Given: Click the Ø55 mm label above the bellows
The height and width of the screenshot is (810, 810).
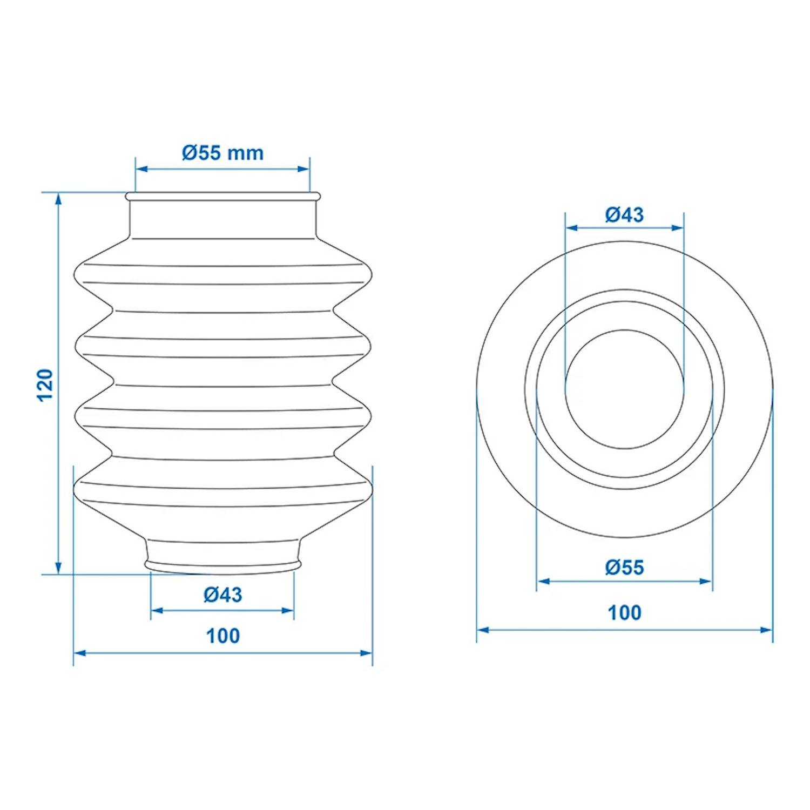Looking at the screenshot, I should click(x=222, y=153).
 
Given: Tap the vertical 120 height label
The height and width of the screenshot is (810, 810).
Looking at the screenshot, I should click(x=46, y=384).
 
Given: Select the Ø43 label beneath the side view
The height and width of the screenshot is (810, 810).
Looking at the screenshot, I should click(x=222, y=595).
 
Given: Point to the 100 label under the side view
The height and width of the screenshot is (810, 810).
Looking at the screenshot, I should click(x=222, y=636).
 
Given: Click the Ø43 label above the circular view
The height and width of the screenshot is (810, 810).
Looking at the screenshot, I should click(x=624, y=214).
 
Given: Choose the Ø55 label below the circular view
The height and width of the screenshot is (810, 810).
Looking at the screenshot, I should click(x=624, y=567).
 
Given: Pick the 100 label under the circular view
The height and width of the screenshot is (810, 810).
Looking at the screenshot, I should click(x=624, y=612).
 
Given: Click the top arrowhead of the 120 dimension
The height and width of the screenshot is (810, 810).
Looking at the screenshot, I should click(x=58, y=199).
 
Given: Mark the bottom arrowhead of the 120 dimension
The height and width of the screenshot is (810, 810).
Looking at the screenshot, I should click(x=58, y=568).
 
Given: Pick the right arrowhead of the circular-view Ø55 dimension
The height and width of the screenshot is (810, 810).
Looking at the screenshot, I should click(x=706, y=581).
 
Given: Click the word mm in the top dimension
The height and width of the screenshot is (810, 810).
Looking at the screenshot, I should click(x=245, y=153).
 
